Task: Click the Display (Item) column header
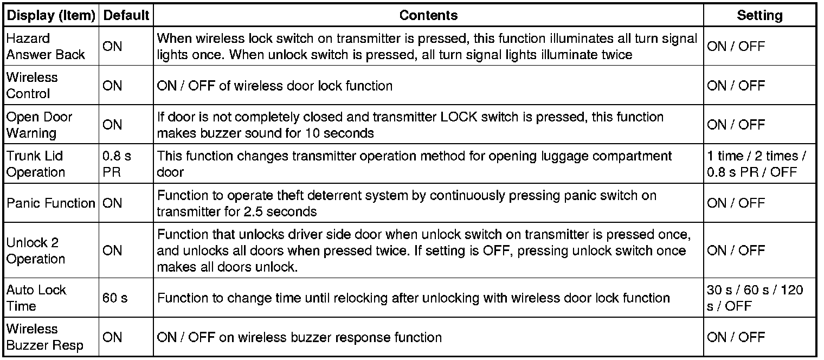51,16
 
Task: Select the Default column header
126,16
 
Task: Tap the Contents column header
428,16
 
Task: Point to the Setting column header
759,16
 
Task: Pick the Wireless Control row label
32,86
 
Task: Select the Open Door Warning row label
39,125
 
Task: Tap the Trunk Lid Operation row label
35,164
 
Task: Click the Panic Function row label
51,203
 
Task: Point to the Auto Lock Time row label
36,298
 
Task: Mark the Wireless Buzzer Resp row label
44,337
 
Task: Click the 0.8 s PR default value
117,164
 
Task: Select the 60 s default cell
115,298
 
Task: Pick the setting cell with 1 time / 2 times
756,164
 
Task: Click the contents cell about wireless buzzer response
299,337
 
